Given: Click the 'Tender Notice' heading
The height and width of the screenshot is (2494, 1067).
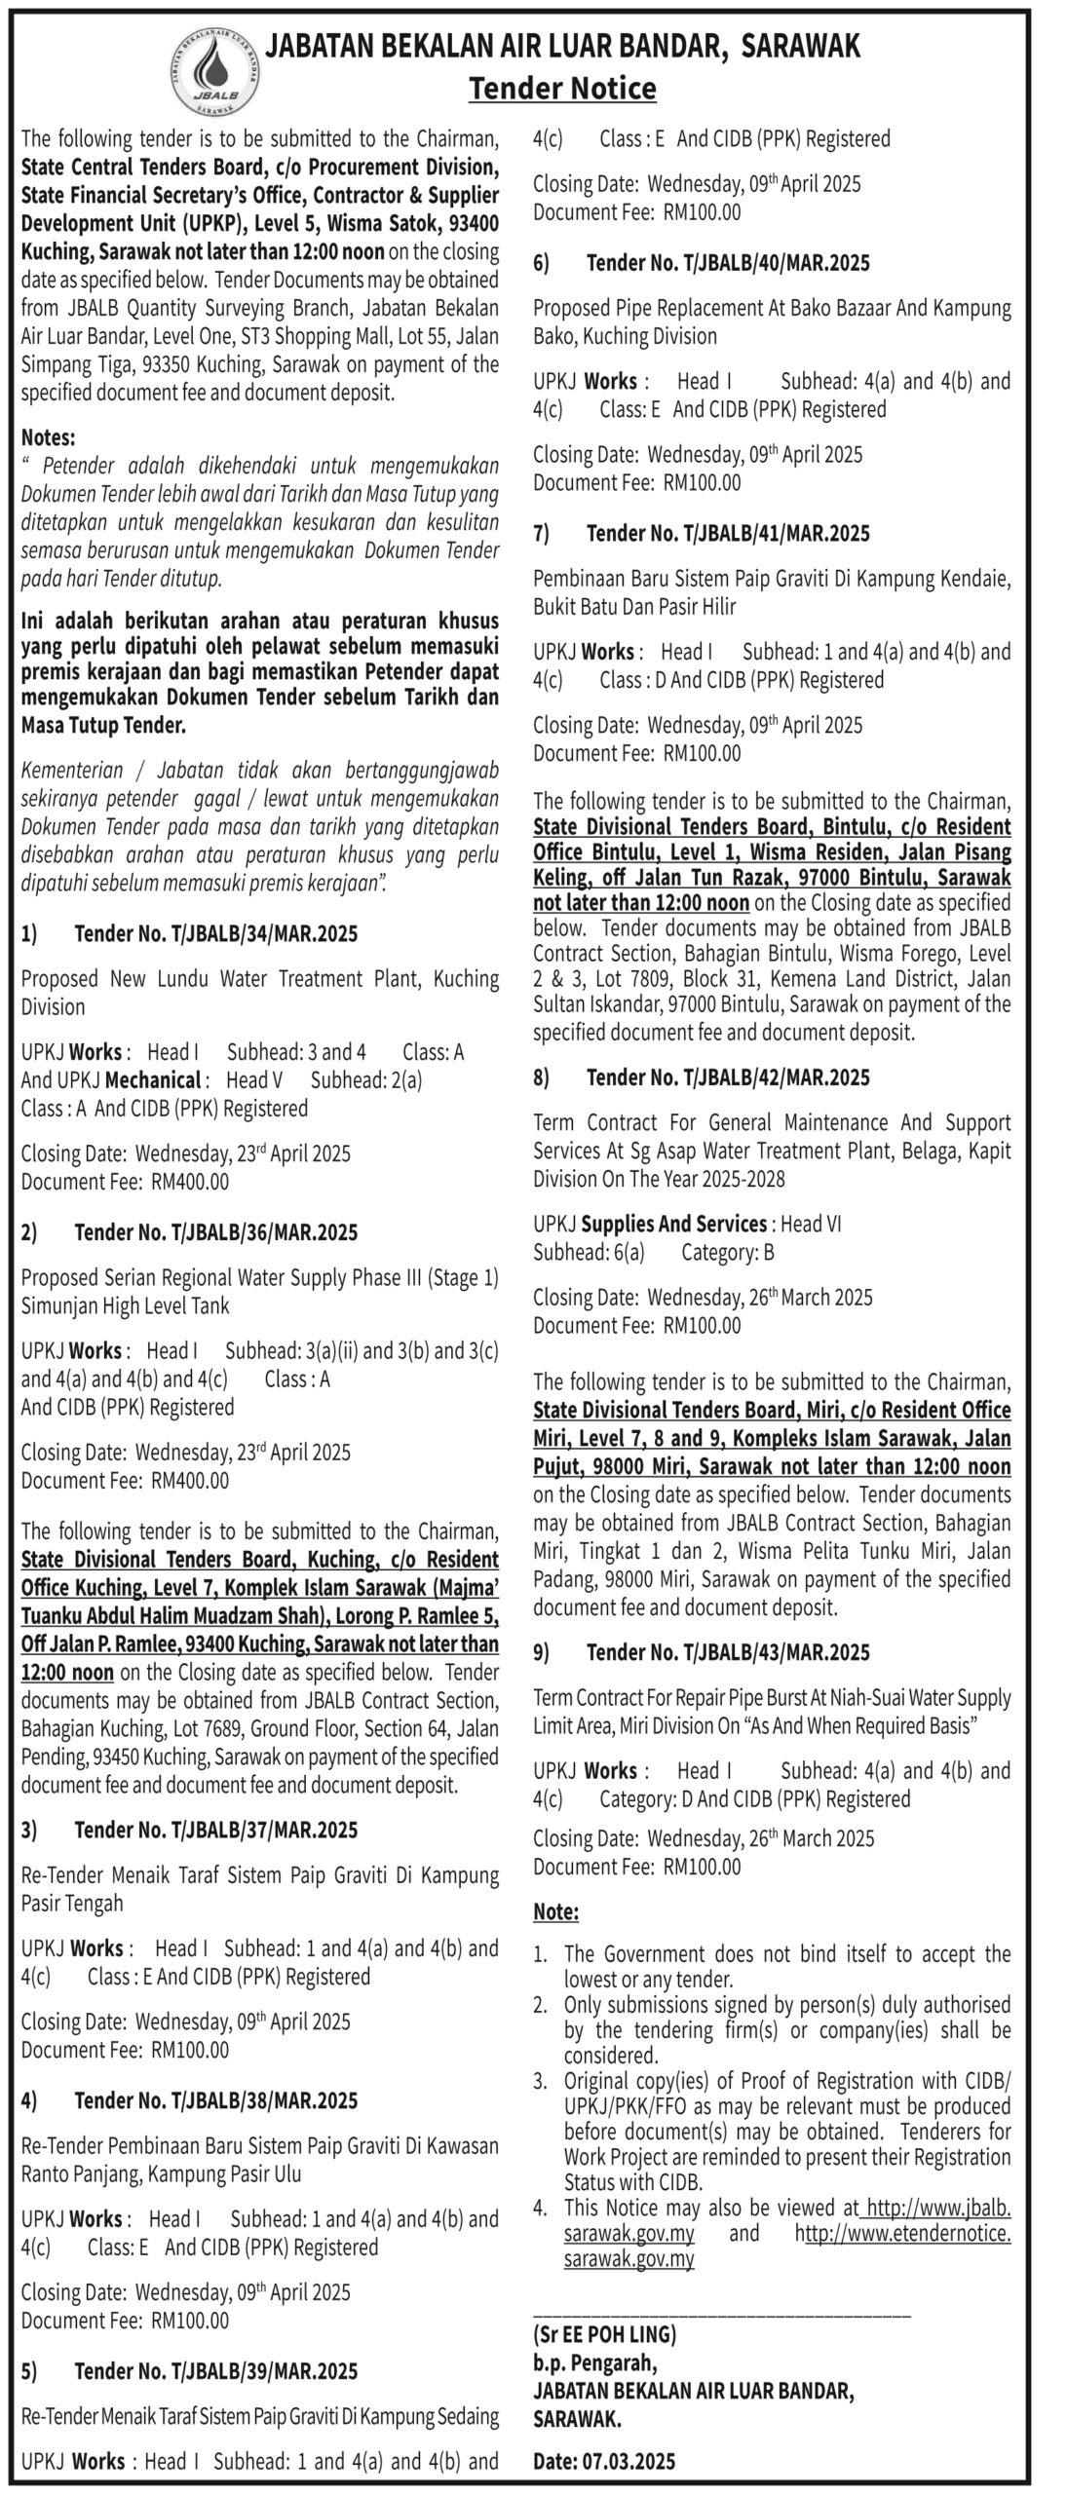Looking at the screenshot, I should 562,89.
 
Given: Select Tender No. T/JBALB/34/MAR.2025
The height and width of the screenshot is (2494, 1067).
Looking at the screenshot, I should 215,934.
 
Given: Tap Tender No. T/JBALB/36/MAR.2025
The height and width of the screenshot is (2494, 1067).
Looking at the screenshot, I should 215,1232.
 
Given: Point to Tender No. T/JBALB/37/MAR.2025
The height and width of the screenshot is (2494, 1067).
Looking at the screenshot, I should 215,1830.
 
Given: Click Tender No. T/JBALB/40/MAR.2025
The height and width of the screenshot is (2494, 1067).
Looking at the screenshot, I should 728,263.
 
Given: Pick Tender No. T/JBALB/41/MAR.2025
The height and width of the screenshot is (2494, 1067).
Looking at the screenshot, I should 728,534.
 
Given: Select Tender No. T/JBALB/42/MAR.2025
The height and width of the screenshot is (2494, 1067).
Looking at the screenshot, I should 728,1077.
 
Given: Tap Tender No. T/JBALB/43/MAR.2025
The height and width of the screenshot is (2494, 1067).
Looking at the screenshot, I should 728,1652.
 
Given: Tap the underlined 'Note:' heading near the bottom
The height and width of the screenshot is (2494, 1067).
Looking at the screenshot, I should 555,1911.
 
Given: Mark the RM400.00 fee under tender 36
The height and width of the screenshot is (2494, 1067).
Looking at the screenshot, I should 190,1481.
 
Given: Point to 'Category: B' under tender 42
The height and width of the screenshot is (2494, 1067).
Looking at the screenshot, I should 727,1252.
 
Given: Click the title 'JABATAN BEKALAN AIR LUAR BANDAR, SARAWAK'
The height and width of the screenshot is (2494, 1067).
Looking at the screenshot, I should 563,47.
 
